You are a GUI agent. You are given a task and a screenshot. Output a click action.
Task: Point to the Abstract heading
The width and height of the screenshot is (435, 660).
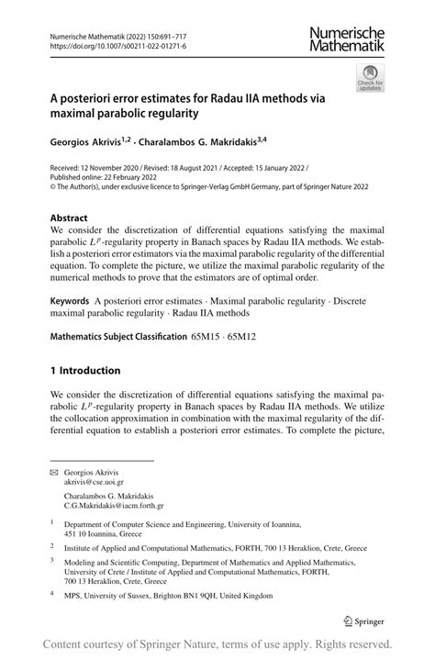coord(70,218)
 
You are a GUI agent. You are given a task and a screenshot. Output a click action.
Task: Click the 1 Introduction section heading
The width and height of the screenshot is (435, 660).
coord(85,371)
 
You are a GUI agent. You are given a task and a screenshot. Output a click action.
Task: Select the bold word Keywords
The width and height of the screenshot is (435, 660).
coord(70,300)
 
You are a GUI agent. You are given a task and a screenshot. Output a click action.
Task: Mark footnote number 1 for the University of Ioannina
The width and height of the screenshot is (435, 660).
coord(52,521)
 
